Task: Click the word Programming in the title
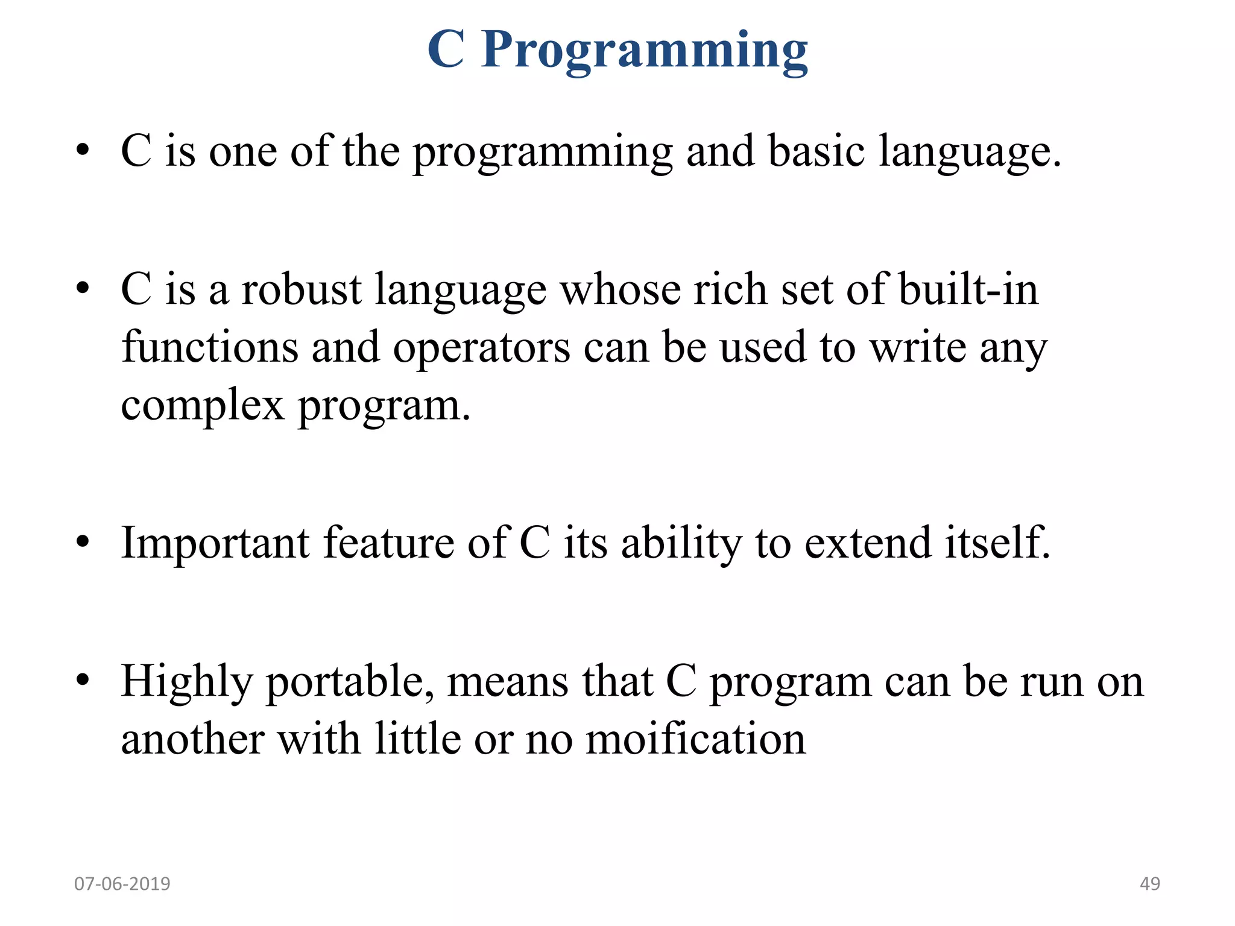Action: point(644,51)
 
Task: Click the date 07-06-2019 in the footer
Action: point(122,884)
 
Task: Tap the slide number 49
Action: point(1149,884)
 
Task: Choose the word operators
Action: point(481,348)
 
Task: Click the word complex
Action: point(203,406)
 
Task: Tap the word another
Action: point(192,739)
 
